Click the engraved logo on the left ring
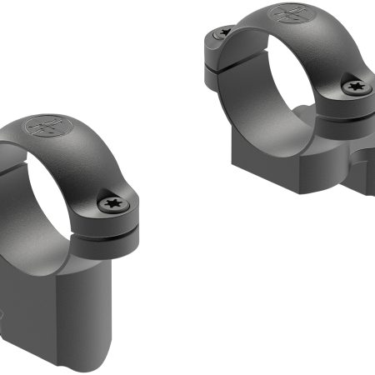43,127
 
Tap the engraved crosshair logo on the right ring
288,16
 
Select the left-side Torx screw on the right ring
222,33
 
